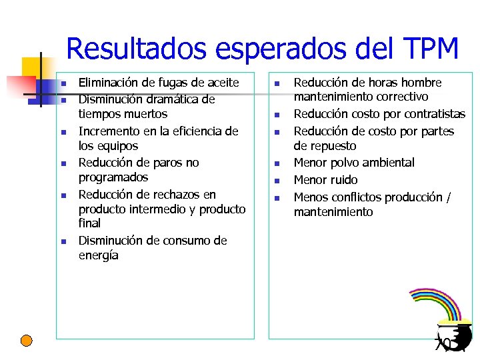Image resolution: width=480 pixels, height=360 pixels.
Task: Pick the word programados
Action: [113, 177]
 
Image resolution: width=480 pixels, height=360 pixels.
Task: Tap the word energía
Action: [99, 255]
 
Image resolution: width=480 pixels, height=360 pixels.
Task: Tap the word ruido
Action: [343, 180]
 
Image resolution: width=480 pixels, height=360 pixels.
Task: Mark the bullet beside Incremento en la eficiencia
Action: [61, 132]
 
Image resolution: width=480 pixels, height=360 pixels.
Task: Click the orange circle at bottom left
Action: [26, 341]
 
